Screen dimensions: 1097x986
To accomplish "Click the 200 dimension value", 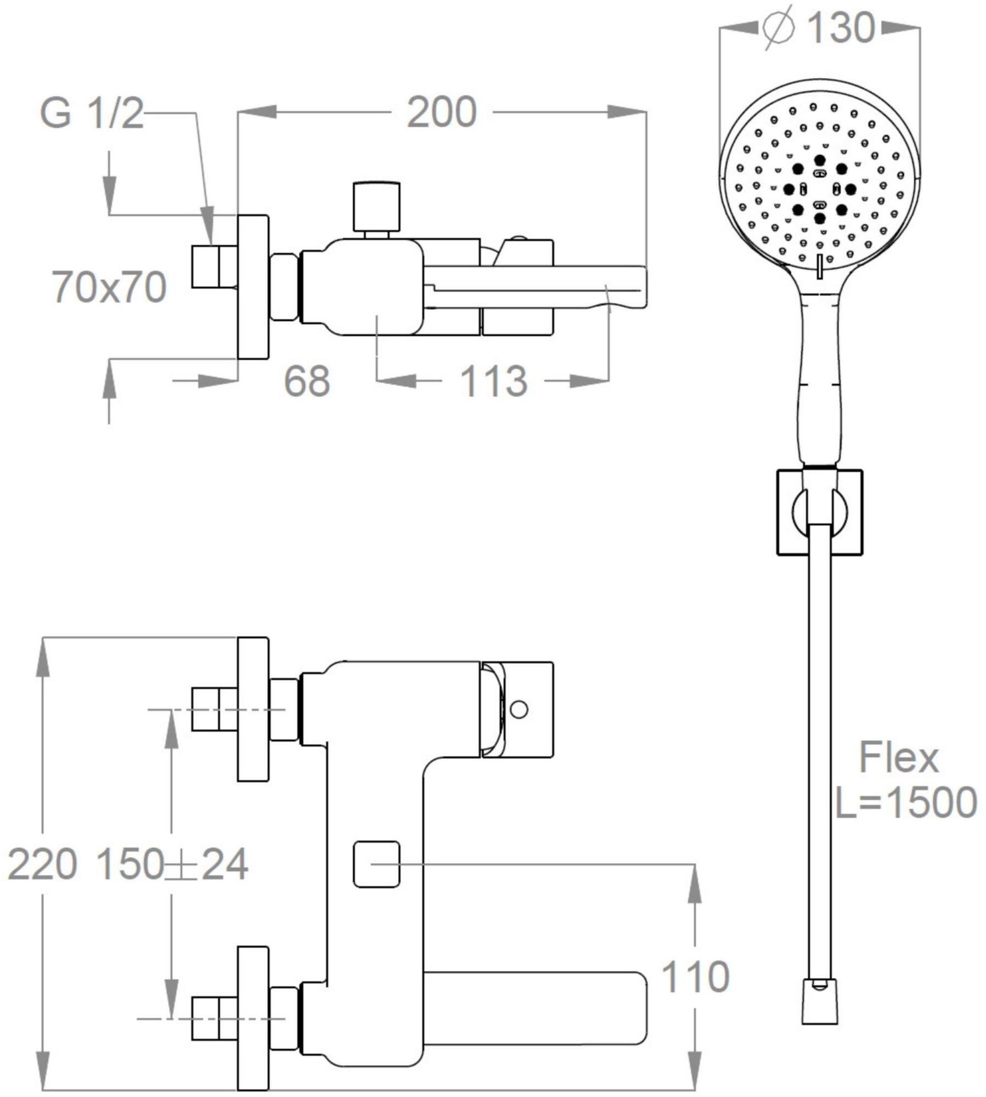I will [x=442, y=113].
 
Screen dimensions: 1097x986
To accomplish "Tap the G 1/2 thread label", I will [x=92, y=115].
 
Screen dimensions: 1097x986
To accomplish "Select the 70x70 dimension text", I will [x=110, y=287].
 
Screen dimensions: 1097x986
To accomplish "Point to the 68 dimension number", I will [x=307, y=381].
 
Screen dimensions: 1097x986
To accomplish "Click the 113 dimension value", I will [x=493, y=381].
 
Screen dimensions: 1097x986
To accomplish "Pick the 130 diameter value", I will [x=841, y=28].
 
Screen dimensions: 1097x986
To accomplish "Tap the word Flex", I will [x=898, y=757].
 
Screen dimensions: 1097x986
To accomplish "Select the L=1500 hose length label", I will [x=905, y=802].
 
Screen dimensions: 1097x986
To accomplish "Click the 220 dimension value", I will [x=42, y=865].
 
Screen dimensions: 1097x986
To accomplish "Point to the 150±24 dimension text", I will [x=172, y=865].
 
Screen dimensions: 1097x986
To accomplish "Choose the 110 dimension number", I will [x=695, y=977].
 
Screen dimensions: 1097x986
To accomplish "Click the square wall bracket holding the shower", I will [x=819, y=512].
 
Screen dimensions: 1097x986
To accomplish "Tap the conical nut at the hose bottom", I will [x=820, y=1009].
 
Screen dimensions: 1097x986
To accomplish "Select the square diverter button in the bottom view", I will [x=376, y=864].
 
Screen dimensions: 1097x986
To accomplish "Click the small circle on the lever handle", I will [x=519, y=709].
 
